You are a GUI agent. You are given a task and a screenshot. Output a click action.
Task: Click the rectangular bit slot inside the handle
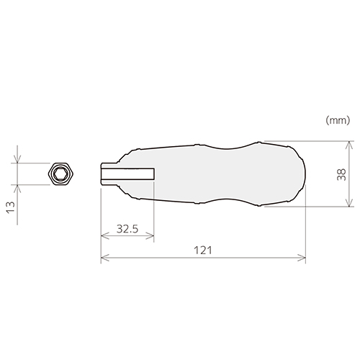point(128,174)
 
